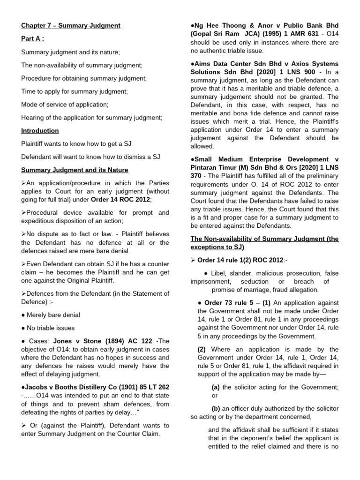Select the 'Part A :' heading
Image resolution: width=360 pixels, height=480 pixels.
[33, 39]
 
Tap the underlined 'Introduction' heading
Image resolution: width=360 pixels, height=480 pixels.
[40, 131]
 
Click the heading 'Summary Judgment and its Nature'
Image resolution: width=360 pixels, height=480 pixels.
[75, 170]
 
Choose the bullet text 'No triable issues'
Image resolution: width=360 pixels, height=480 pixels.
[51, 328]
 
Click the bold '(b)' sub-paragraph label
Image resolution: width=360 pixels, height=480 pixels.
[216, 408]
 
